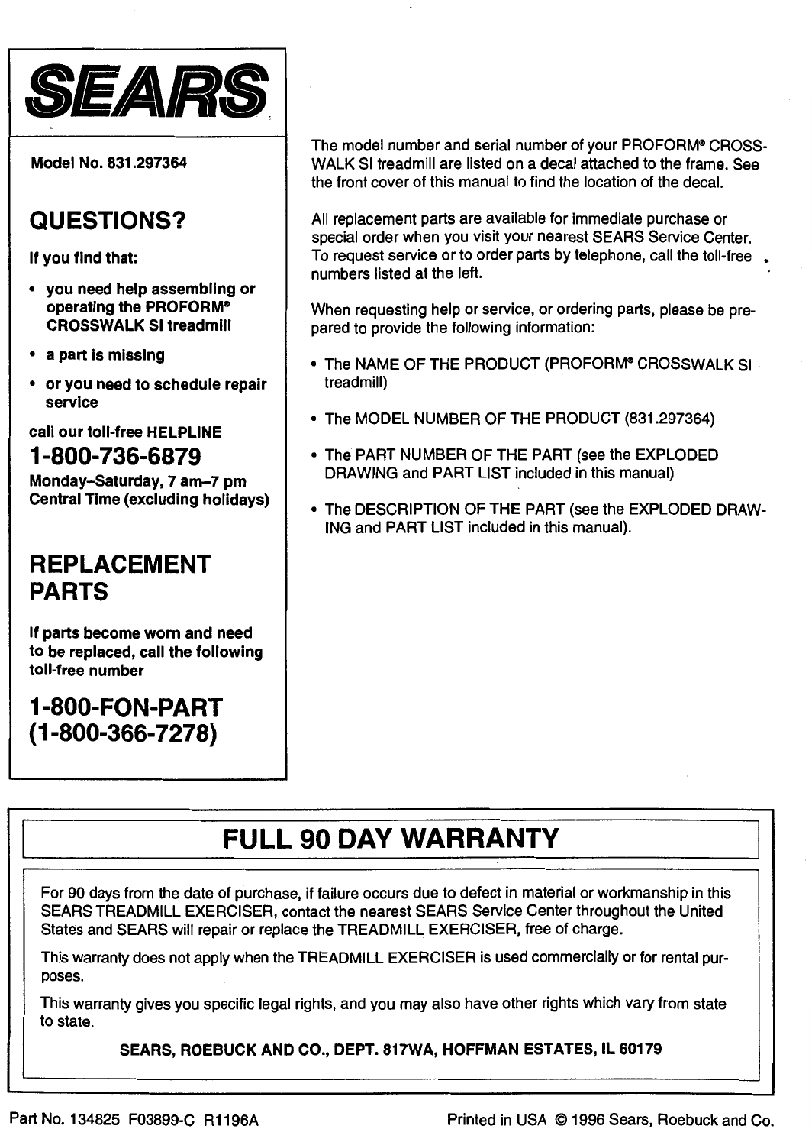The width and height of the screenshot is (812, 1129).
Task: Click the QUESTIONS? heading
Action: point(107,222)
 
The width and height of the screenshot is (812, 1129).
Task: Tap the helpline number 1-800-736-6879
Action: point(114,457)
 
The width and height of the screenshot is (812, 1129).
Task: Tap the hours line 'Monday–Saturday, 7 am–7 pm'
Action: point(137,482)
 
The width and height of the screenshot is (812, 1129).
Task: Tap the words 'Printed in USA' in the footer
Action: point(497,1121)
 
